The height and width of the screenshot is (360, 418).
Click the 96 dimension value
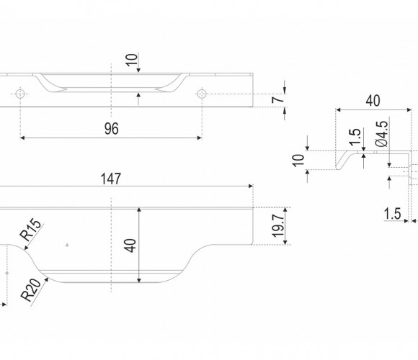tap(112, 129)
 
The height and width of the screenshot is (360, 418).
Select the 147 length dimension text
tap(111, 179)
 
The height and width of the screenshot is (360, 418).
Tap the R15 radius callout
tap(31, 230)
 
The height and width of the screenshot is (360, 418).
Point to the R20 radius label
tap(32, 289)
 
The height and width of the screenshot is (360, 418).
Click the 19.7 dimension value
tap(277, 226)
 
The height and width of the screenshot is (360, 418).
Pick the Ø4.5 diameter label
tap(381, 134)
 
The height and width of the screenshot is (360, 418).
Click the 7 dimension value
tap(278, 100)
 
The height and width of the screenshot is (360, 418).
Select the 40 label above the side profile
tap(373, 101)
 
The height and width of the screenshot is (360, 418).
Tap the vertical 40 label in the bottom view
tap(130, 246)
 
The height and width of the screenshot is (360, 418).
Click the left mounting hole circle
tap(20, 94)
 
